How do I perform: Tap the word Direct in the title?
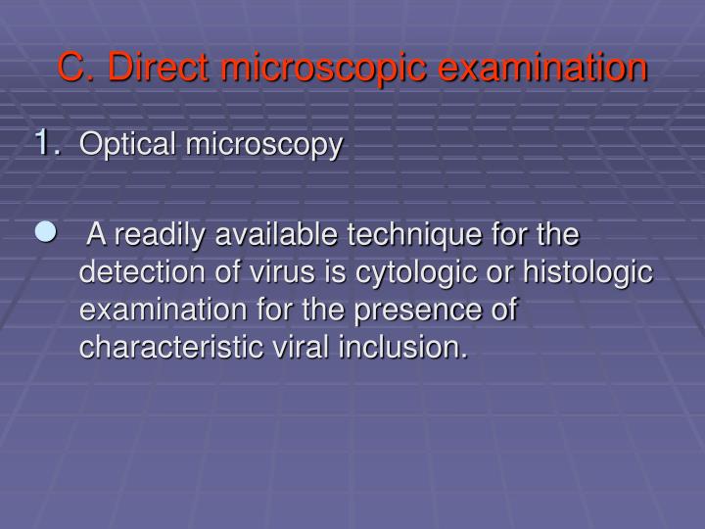click(x=157, y=68)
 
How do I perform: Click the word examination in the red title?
click(x=541, y=68)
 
